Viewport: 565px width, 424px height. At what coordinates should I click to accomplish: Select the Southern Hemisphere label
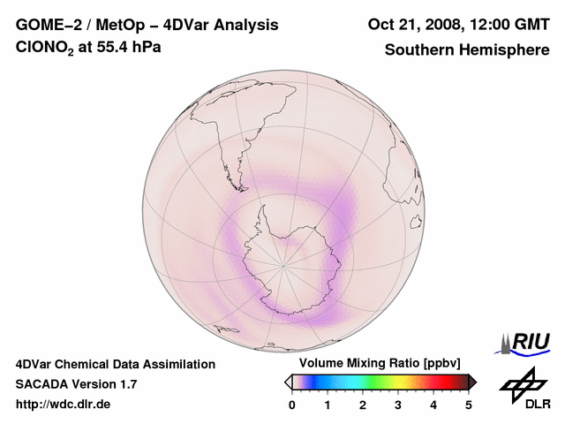coord(467,49)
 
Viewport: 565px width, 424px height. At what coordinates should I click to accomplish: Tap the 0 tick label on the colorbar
coord(292,405)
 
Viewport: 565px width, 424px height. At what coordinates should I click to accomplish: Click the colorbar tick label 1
coord(328,405)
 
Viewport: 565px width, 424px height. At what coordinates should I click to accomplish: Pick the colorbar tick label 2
coord(363,405)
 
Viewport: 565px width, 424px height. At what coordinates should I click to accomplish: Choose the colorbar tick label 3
coord(398,405)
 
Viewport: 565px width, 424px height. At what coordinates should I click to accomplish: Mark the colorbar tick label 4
coord(433,405)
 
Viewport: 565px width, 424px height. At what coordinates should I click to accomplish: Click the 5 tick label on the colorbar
coord(469,405)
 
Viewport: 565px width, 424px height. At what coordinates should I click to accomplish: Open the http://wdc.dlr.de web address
coord(64,405)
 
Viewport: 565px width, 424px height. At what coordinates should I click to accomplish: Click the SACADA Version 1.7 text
coord(76,384)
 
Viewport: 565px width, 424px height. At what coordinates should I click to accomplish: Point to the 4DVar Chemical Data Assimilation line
coord(116,364)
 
